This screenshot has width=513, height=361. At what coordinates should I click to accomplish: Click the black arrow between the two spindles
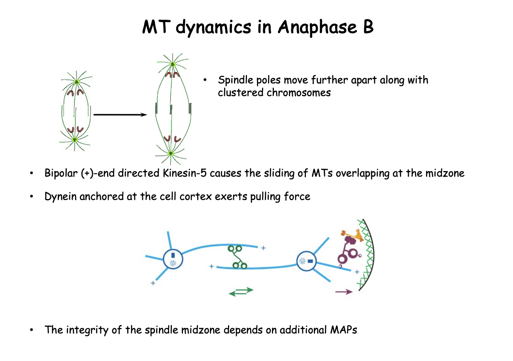pos(120,115)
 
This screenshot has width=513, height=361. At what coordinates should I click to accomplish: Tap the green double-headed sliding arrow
pos(241,291)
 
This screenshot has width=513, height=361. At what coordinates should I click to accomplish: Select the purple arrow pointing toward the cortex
pos(343,292)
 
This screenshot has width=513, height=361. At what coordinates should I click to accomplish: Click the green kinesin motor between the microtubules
pos(237,257)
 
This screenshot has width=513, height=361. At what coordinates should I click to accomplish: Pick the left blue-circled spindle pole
pos(173,259)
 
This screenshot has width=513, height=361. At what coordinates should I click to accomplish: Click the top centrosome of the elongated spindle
pos(173,64)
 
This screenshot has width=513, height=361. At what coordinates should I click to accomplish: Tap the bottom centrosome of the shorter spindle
pos(75,139)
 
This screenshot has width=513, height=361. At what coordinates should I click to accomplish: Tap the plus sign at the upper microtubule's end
pos(263,248)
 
